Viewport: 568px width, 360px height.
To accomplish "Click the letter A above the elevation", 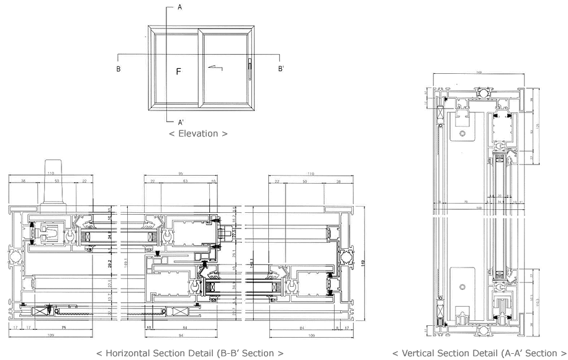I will click(179, 7).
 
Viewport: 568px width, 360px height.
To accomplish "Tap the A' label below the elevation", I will click(181, 122).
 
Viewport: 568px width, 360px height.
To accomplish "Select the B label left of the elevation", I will click(118, 68).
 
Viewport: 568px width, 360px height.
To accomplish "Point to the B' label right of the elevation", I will click(281, 68).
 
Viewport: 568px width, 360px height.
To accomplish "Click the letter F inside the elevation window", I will click(178, 72).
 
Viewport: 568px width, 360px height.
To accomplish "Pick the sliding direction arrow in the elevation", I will click(215, 67).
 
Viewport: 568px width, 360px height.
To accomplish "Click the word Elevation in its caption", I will click(198, 133).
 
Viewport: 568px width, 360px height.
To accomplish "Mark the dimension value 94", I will click(179, 335).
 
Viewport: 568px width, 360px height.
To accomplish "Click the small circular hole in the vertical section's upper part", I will click(462, 133).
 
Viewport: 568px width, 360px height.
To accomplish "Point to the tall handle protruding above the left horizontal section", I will click(52, 183).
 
